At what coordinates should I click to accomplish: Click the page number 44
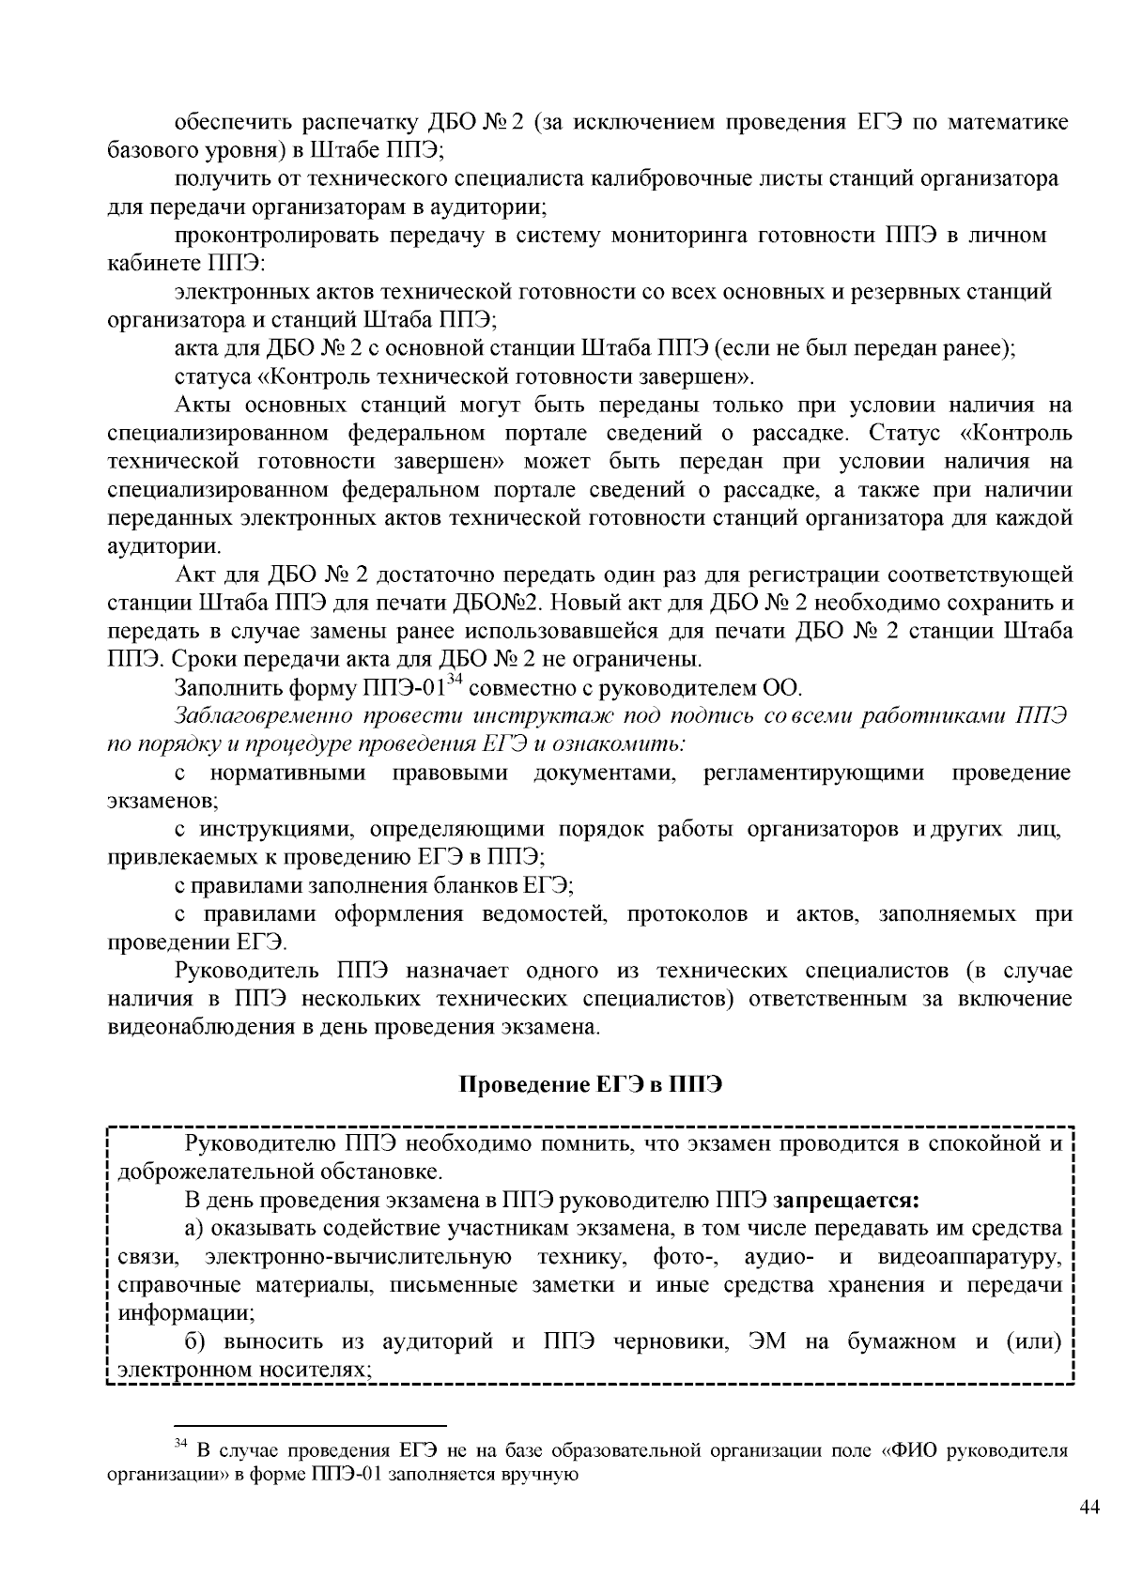coord(1089,1507)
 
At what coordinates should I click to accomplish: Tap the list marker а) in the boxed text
coord(193,1229)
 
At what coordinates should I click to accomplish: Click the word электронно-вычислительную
coord(358,1257)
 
